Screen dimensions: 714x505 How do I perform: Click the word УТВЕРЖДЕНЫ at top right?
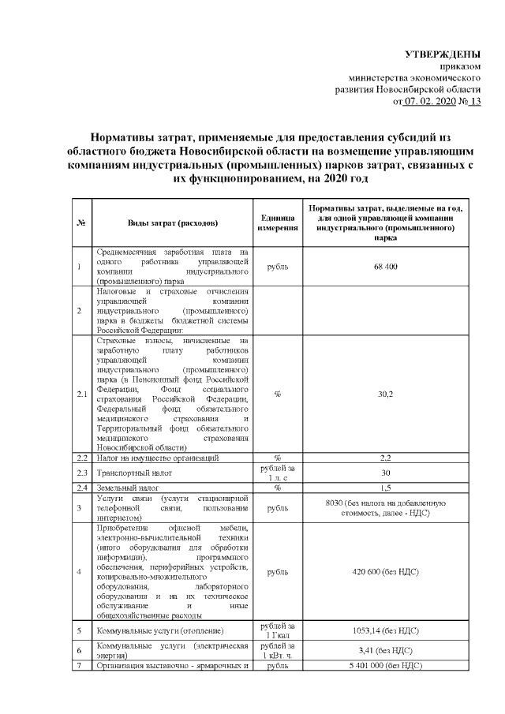pos(442,54)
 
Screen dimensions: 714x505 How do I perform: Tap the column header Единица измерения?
pos(278,222)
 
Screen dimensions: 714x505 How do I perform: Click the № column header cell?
pos(81,222)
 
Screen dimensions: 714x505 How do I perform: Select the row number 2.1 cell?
pos(81,394)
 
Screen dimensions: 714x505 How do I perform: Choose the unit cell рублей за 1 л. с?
pos(278,473)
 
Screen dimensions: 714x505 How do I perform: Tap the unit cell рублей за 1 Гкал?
pos(278,631)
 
